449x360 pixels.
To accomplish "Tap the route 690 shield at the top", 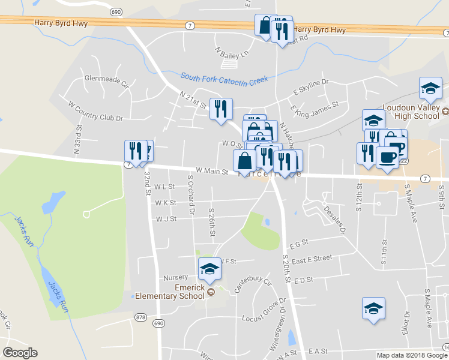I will pos(116,11).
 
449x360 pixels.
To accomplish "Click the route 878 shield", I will pos(141,317).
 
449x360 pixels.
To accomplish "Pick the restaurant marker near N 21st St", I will pos(221,109).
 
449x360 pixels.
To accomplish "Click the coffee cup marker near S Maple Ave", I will pos(387,157).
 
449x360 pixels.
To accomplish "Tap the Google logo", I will pos(20,353).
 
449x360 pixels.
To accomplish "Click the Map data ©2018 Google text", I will pos(411,355).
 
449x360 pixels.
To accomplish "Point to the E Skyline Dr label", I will pos(311,86).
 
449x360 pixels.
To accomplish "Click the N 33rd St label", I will pos(78,143).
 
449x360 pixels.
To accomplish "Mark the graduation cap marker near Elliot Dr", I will pos(373,308).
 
